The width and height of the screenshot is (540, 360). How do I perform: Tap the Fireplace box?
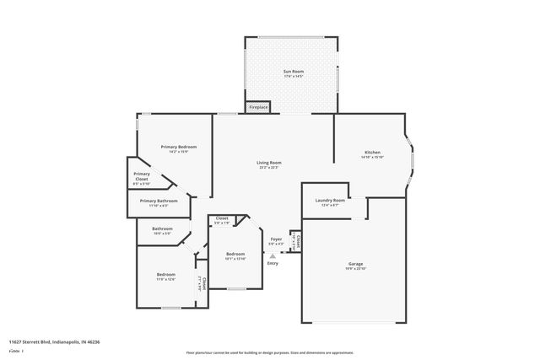(x=258, y=107)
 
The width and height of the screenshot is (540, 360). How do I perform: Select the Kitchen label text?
(x=372, y=153)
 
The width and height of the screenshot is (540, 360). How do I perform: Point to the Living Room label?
(x=269, y=162)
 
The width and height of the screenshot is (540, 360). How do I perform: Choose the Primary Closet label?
(x=142, y=176)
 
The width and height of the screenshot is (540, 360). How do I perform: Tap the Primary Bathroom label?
(x=159, y=201)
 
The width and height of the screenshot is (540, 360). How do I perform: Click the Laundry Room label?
(x=330, y=200)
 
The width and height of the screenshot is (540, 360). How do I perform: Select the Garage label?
(x=355, y=264)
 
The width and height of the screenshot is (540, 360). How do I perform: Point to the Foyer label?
(x=276, y=239)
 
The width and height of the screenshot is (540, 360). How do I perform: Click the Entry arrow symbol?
(x=272, y=255)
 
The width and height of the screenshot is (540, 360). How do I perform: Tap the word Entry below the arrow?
(x=272, y=263)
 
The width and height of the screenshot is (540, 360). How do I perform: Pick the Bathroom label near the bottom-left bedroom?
(x=162, y=228)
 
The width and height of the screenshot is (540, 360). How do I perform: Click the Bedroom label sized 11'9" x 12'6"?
(x=165, y=274)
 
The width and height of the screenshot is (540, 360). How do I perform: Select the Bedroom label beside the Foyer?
(x=235, y=254)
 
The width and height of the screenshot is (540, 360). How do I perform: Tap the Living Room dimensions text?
(x=269, y=167)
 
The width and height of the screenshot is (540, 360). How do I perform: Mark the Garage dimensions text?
(x=355, y=269)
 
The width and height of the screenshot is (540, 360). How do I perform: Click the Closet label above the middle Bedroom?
(x=222, y=218)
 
